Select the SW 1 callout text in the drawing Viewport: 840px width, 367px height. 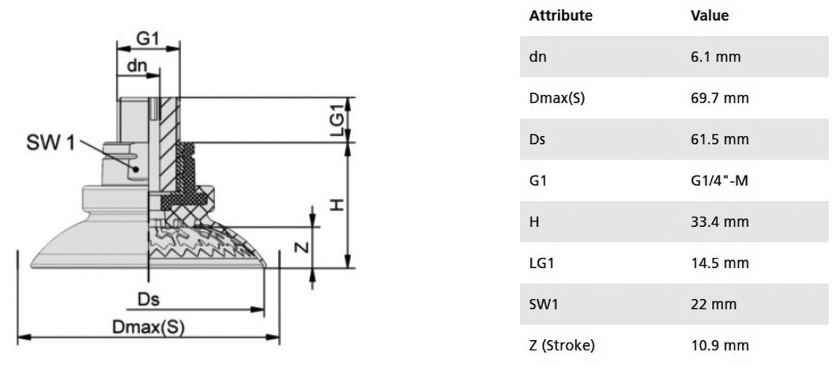tap(51, 143)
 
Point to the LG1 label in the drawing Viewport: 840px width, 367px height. tap(337, 121)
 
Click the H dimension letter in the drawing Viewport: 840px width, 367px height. tap(336, 204)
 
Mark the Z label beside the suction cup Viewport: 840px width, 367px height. tap(303, 247)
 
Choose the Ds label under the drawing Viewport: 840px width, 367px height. tap(149, 299)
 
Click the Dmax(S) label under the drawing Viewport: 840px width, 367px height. tap(148, 327)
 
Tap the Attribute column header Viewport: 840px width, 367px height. tap(561, 16)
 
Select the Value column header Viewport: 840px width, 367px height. tap(710, 16)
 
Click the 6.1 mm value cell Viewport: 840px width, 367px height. tap(716, 56)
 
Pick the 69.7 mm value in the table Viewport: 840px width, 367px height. tap(720, 98)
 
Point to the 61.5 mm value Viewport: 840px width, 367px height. tap(720, 139)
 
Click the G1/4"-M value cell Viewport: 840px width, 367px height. tap(719, 181)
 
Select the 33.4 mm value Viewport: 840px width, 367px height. tap(720, 221)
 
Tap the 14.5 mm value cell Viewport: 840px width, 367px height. tap(720, 263)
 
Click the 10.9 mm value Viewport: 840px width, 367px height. tap(720, 346)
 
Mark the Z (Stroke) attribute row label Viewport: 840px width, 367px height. tap(562, 346)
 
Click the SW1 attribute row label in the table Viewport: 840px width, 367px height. tap(544, 305)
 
